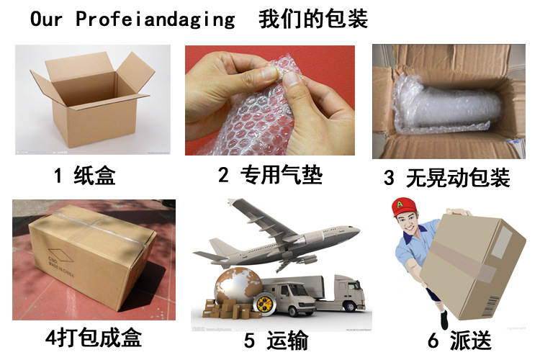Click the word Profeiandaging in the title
(155, 19)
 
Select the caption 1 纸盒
(84, 174)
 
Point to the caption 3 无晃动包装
(446, 177)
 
